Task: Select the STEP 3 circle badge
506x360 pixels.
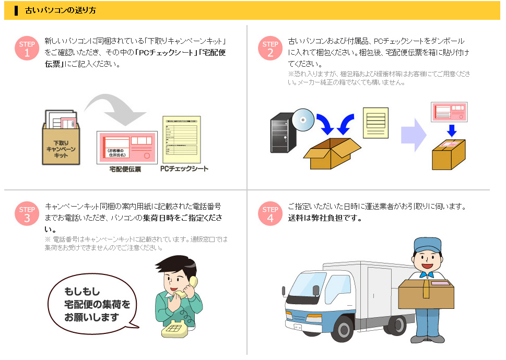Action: (27, 214)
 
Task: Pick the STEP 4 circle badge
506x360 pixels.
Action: (270, 214)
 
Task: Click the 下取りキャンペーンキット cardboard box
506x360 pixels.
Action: (61, 143)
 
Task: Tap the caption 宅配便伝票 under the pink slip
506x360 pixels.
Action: (125, 170)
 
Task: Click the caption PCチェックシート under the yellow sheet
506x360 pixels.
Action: (184, 169)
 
